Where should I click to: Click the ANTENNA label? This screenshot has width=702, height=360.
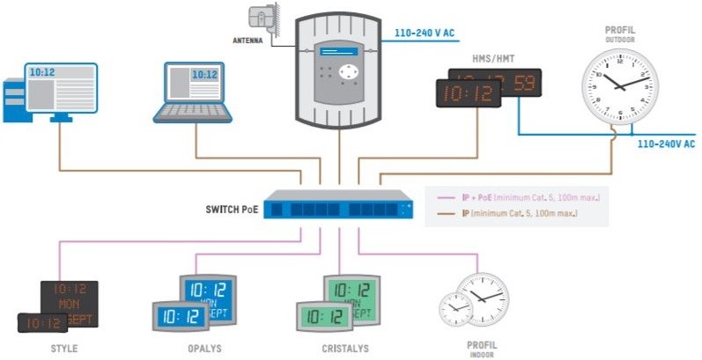point(248,40)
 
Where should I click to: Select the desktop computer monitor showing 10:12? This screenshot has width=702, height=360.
point(60,86)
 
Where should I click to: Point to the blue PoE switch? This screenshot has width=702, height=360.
point(338,207)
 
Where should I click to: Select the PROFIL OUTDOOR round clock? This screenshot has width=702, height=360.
point(620,86)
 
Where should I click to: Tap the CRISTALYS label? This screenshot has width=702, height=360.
point(345,349)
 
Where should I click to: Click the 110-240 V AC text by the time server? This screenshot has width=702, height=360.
point(424,33)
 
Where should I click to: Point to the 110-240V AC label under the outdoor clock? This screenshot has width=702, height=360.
point(666,143)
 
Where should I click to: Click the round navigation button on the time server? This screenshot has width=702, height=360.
point(351,71)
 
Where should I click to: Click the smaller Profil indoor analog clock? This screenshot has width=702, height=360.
point(455,308)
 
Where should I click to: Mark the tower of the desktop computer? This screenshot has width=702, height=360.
point(13,99)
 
